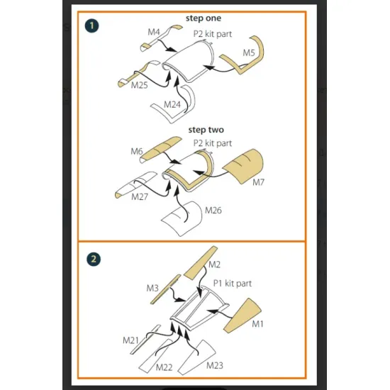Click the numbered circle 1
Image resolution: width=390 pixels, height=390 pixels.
(91, 26)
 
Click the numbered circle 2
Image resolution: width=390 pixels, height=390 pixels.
(94, 259)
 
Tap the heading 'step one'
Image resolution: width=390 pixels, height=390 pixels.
(204, 18)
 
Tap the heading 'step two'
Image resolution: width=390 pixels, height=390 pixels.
(206, 130)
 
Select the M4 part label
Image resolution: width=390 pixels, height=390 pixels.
(154, 32)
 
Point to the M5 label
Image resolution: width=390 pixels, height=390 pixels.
(249, 52)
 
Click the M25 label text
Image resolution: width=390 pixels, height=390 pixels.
(139, 85)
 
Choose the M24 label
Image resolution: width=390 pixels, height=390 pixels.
(172, 104)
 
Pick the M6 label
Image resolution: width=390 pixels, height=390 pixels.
(137, 151)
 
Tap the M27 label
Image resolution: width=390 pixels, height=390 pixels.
(140, 196)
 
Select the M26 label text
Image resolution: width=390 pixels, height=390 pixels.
(213, 211)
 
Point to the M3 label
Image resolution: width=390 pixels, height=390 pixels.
(152, 288)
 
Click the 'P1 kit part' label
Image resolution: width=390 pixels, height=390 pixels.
(233, 284)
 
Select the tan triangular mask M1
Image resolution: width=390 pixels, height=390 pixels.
(243, 316)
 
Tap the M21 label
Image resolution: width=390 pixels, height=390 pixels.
(130, 340)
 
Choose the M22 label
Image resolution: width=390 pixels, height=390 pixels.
(165, 367)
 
